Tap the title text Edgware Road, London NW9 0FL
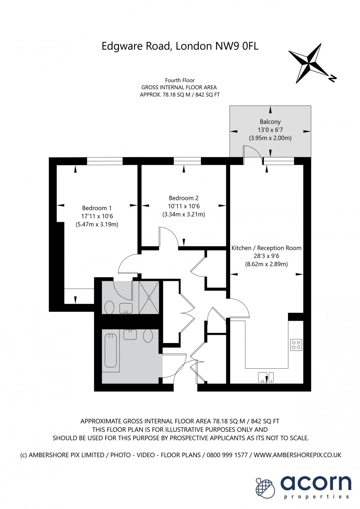[x=180, y=46]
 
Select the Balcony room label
[x=270, y=122]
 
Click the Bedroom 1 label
[x=97, y=208]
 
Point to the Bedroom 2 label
[x=184, y=198]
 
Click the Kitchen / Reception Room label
[x=266, y=248]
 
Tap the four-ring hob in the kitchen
[x=296, y=345]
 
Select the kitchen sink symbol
[x=266, y=377]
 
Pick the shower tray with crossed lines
[x=149, y=297]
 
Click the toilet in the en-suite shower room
[x=109, y=307]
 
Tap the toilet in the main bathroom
[x=148, y=336]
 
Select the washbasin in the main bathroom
[x=130, y=335]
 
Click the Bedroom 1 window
[x=105, y=161]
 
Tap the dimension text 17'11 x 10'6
[x=97, y=216]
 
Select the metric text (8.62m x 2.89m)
[x=266, y=264]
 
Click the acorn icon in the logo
[x=265, y=488]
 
